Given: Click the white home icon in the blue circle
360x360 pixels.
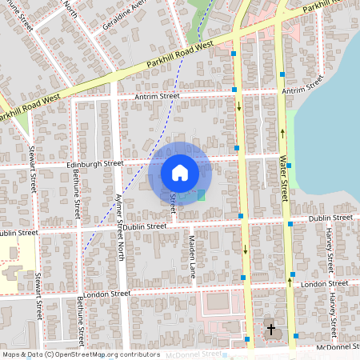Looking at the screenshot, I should [179, 172].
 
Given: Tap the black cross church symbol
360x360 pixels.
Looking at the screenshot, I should [270, 329].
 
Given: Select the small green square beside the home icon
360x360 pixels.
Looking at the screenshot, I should [201, 194].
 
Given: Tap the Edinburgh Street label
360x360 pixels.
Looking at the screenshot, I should [96, 163].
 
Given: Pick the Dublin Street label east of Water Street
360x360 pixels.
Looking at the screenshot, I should [330, 218].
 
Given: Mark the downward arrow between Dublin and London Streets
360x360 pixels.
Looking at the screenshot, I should [244, 250].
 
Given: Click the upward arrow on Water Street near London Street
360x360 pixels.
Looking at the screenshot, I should [290, 281].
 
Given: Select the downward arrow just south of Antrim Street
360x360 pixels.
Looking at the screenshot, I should [238, 106].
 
